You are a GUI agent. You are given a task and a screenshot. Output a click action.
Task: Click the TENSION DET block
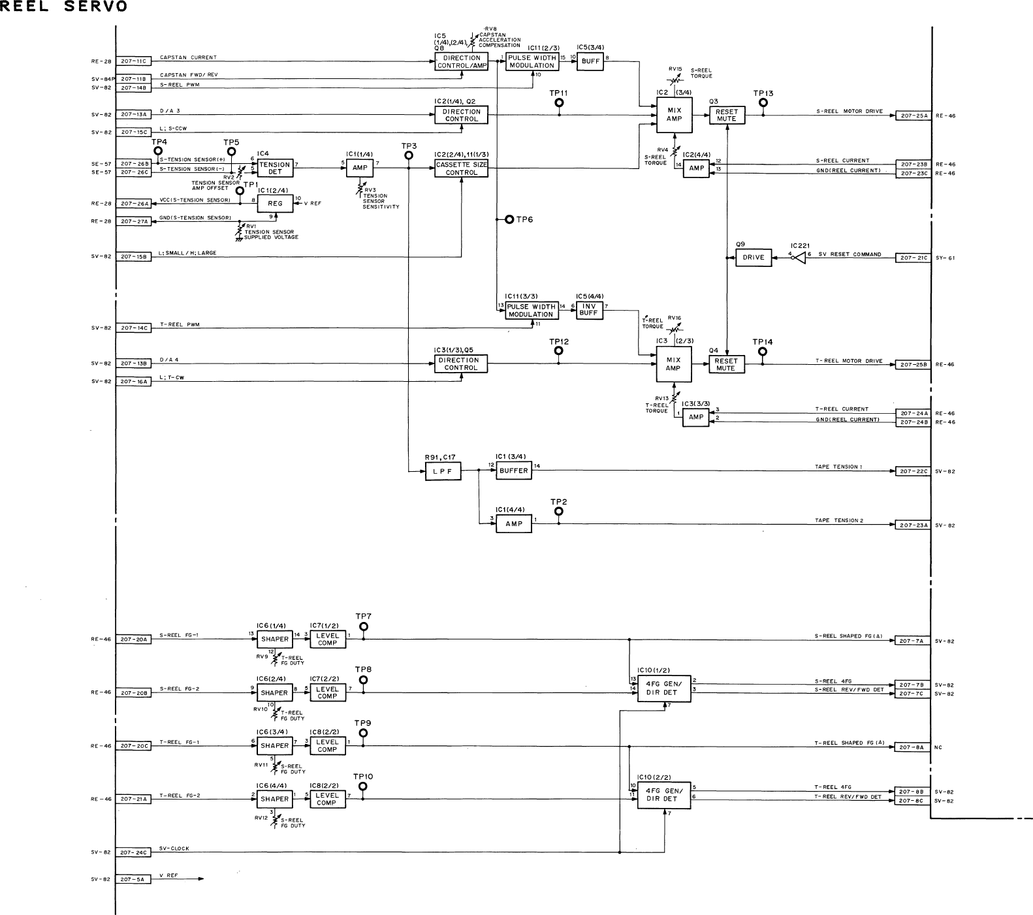click(x=274, y=168)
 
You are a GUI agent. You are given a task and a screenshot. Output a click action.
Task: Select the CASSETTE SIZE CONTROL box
click(x=461, y=168)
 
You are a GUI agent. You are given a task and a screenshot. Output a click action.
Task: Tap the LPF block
click(x=443, y=471)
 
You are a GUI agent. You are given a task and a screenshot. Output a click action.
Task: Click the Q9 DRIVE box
click(x=753, y=257)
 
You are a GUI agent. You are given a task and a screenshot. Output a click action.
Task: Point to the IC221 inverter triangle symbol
click(x=799, y=258)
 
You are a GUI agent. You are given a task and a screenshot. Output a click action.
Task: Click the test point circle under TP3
click(x=409, y=155)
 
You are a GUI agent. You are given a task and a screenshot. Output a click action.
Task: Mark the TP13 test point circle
click(x=763, y=103)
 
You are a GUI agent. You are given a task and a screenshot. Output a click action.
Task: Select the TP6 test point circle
click(x=509, y=220)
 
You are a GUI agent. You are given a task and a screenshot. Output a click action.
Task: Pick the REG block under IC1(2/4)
click(x=275, y=204)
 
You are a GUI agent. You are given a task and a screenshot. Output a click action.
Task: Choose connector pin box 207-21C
click(x=912, y=258)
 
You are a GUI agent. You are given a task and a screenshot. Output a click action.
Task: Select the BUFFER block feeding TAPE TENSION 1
click(x=513, y=471)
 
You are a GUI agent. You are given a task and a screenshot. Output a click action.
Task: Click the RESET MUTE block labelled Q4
click(x=726, y=364)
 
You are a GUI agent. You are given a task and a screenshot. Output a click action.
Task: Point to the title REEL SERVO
click(x=64, y=7)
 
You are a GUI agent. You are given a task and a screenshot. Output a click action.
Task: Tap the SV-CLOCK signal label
click(x=174, y=848)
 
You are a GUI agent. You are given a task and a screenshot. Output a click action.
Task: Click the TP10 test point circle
click(x=362, y=786)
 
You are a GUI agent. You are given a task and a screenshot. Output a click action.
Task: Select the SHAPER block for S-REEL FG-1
click(x=274, y=640)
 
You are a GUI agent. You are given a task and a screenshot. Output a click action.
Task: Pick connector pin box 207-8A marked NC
click(x=912, y=747)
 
